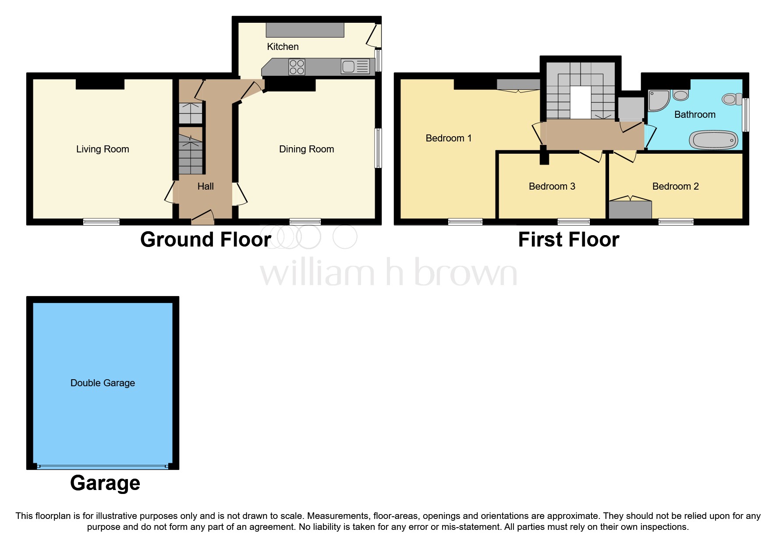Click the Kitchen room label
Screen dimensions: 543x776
pos(283,47)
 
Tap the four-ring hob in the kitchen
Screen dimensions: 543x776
pos(297,67)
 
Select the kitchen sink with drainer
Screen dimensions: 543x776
pos(355,67)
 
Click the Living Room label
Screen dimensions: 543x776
pos(103,149)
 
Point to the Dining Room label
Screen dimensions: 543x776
pos(306,149)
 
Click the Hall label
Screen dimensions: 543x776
pos(205,187)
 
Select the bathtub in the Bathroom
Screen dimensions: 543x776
pos(713,140)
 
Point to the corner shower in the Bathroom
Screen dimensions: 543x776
pos(658,100)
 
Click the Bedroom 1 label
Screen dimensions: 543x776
pos(448,138)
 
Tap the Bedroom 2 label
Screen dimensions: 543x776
pos(675,187)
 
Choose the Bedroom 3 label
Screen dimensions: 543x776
pos(552,187)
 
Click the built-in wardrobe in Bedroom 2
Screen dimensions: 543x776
pos(630,209)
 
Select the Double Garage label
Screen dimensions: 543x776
pos(103,383)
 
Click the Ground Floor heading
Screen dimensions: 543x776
pos(206,240)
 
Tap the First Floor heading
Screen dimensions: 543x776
pos(568,240)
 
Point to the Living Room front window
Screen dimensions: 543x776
pos(101,222)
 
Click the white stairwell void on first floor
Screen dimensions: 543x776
pos(580,102)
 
